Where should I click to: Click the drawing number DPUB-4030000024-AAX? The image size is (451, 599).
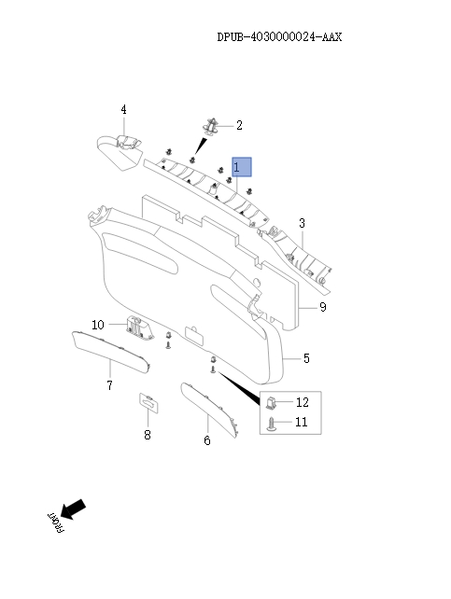[279, 37]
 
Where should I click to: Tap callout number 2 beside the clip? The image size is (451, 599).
[239, 125]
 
